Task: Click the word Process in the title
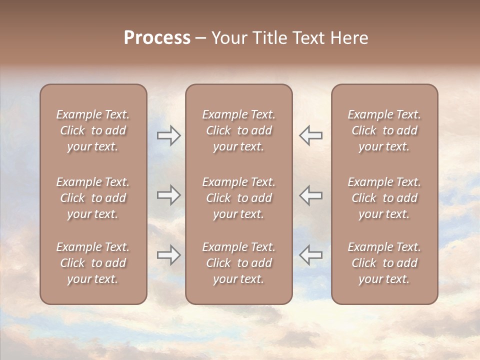(x=157, y=38)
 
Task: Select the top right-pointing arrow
(x=168, y=135)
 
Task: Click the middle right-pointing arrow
(x=168, y=195)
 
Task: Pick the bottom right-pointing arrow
(x=168, y=255)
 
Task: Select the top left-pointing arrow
(x=310, y=135)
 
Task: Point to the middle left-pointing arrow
(x=310, y=195)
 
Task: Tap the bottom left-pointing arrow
(x=310, y=255)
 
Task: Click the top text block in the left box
(x=93, y=130)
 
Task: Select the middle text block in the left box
(x=93, y=198)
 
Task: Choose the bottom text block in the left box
(x=93, y=263)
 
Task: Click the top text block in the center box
(x=238, y=130)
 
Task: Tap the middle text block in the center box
(x=238, y=198)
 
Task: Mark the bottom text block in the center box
(x=238, y=263)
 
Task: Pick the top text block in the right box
(x=384, y=130)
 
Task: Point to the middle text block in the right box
(x=384, y=198)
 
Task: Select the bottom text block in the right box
(x=384, y=263)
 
